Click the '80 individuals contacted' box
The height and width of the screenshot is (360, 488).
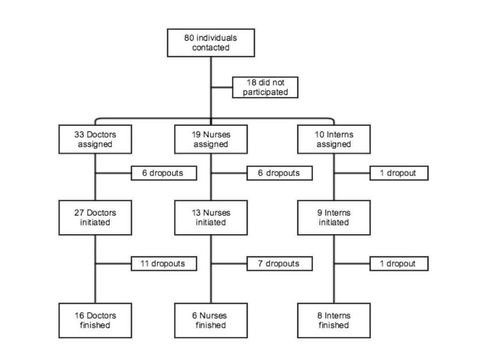tap(211, 43)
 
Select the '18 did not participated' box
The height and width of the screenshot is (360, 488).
tap(265, 87)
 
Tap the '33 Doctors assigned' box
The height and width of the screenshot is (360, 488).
tap(95, 139)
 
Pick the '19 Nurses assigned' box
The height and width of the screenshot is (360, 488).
tap(211, 139)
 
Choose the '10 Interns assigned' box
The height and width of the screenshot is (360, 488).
tap(334, 139)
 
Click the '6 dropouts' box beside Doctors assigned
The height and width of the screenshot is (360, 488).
tap(164, 173)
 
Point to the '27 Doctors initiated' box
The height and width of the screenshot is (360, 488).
tap(95, 217)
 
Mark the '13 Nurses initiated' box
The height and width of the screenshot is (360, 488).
tap(211, 217)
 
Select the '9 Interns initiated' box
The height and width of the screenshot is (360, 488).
tap(334, 217)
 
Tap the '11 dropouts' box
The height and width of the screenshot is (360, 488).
tap(164, 264)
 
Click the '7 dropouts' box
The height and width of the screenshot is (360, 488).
tap(279, 264)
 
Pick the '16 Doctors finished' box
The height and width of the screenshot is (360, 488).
tap(95, 321)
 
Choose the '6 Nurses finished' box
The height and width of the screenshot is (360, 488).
tap(211, 321)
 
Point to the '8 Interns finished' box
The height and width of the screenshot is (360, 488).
tap(334, 321)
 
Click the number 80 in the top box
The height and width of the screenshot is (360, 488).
tap(189, 38)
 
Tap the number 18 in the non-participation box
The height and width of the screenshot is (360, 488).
tap(251, 83)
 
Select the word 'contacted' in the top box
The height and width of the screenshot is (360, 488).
tap(211, 48)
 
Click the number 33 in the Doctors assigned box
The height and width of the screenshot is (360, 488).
tap(79, 135)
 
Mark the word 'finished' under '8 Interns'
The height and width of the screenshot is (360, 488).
tap(334, 326)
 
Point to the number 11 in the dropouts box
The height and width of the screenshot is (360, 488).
tap(145, 264)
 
